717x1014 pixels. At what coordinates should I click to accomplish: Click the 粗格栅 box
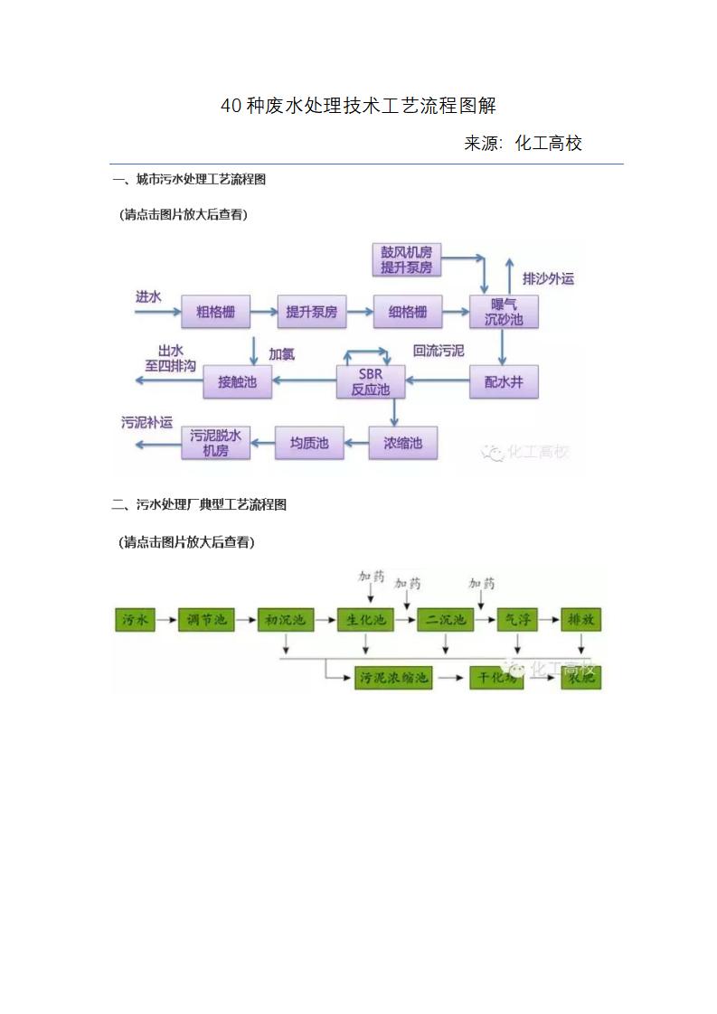click(215, 312)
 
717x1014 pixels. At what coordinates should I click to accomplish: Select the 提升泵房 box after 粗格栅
click(311, 312)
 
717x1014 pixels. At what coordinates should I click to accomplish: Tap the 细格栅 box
click(408, 312)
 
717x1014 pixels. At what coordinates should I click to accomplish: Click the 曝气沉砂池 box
click(504, 312)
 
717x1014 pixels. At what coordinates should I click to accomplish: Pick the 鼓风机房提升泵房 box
click(406, 259)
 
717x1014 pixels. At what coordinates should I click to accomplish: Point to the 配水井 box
click(504, 382)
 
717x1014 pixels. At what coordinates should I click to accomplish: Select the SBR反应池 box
click(370, 382)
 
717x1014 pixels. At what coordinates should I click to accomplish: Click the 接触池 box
click(237, 382)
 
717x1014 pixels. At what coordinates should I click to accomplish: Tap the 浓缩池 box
click(402, 444)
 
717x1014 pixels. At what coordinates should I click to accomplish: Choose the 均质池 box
click(309, 444)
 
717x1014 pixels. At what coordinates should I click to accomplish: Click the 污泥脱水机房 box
click(215, 443)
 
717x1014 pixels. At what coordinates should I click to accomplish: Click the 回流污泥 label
click(439, 351)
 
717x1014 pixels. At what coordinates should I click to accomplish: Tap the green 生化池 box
click(366, 620)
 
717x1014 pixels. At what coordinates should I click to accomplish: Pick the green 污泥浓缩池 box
click(393, 678)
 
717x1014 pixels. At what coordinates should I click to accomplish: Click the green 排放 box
click(580, 620)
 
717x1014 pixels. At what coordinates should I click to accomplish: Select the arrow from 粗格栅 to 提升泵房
click(263, 312)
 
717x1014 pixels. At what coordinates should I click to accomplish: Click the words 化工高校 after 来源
click(549, 143)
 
